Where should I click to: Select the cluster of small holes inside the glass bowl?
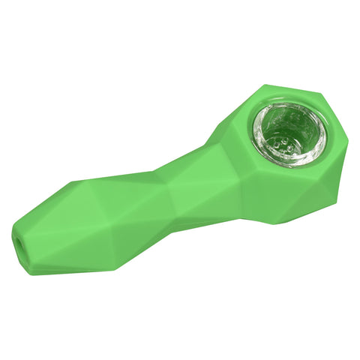(x=285, y=139)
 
